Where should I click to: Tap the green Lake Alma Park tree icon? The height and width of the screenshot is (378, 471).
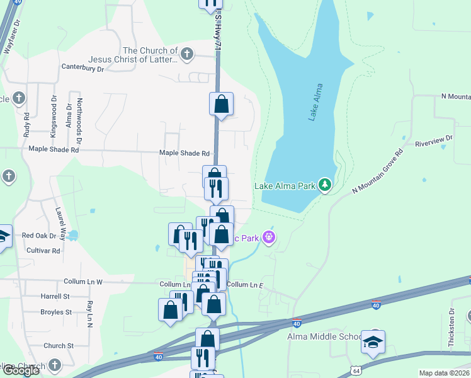coord(325,185)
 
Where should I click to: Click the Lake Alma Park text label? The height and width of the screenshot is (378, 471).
coord(284,186)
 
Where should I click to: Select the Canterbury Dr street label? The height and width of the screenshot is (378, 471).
coord(82,67)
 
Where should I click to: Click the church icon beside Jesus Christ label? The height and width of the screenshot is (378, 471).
coord(186,55)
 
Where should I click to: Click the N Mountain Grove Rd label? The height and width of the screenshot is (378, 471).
coord(377,172)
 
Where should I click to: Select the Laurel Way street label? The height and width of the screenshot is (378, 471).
coord(61,219)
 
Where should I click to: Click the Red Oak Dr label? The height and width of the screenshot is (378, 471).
coord(39,236)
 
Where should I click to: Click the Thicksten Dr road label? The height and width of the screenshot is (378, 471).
coord(451,328)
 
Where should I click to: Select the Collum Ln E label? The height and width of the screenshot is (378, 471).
coord(244,285)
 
